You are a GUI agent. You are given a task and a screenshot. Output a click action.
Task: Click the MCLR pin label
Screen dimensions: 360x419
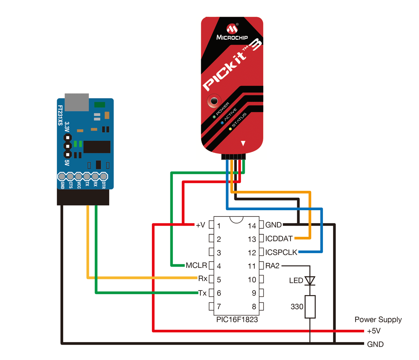tap(196, 265)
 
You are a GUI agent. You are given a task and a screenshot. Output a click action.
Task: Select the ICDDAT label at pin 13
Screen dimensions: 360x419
tap(279, 239)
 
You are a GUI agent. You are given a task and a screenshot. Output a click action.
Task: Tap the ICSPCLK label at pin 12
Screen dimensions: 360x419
tap(281, 252)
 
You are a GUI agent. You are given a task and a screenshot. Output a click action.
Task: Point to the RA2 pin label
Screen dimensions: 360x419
tap(272, 266)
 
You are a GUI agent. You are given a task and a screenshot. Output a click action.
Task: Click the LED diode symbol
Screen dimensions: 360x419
tap(310, 281)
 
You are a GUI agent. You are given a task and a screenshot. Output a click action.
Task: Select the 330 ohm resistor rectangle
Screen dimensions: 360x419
tap(310, 307)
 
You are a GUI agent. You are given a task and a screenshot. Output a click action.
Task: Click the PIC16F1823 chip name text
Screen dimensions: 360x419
tap(237, 319)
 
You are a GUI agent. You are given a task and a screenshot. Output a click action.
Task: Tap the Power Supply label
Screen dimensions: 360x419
tap(378, 319)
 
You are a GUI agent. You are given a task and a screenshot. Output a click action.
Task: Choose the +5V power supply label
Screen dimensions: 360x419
tap(374, 331)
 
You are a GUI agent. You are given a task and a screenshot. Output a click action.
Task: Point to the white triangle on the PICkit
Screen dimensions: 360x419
tap(243, 143)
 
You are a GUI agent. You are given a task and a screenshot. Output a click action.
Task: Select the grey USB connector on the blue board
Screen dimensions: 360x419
tap(77, 102)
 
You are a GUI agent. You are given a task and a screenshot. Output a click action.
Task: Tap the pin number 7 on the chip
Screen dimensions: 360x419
tap(219, 307)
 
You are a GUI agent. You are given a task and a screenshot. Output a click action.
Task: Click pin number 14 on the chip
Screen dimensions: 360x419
tap(252, 226)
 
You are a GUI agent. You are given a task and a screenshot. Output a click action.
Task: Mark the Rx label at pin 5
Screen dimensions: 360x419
tap(203, 279)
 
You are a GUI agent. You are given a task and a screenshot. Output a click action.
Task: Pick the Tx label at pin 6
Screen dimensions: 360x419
tap(203, 293)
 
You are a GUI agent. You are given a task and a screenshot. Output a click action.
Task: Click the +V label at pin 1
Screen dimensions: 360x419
tap(200, 225)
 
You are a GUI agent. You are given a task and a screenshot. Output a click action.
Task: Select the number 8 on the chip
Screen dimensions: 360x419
tap(254, 307)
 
